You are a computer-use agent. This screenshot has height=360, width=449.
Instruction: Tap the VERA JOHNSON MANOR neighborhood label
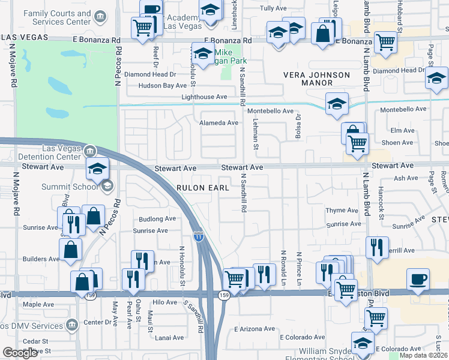point(316,79)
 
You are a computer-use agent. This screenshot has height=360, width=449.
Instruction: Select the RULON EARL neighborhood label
point(203,188)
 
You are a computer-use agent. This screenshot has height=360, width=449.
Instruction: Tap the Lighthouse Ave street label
point(204,97)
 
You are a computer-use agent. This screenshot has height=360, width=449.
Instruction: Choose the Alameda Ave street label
point(218,123)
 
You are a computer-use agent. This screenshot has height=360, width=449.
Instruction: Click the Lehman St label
point(255,133)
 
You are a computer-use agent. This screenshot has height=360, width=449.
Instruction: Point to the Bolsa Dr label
point(297,128)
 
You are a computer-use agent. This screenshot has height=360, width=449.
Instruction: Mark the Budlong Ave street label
point(157,219)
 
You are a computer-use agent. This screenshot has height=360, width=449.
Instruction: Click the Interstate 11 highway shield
point(198,236)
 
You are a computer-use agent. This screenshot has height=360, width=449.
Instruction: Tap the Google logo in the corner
point(20,353)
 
